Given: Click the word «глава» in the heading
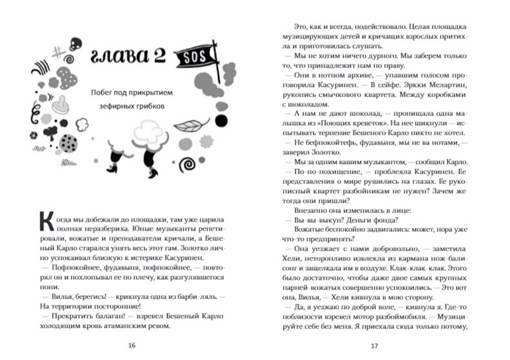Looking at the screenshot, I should pos(120,57).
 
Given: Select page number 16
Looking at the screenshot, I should pos(131,345).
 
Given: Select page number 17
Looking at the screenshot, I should pos(374,345).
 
